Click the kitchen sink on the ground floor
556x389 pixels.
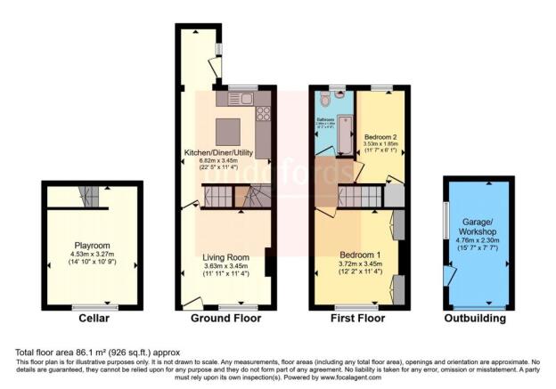pos(244,96)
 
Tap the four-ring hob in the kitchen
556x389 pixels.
pos(264,114)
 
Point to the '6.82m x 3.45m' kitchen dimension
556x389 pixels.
pos(218,161)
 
